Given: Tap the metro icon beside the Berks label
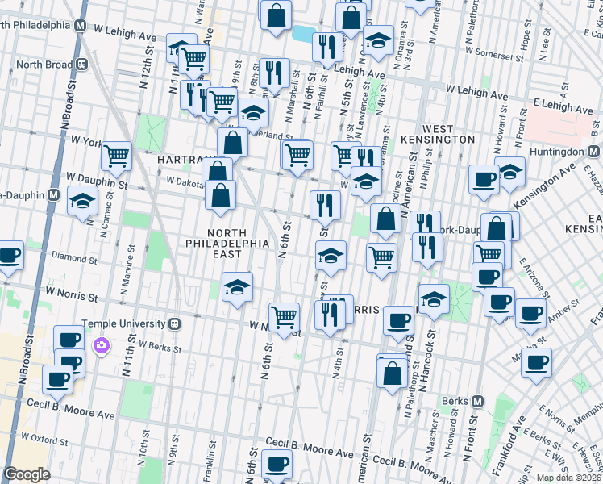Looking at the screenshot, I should click(478, 401).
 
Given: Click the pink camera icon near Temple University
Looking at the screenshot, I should click(101, 345).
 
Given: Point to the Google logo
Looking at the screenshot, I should click(27, 474).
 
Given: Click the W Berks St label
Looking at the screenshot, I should click(162, 346).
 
